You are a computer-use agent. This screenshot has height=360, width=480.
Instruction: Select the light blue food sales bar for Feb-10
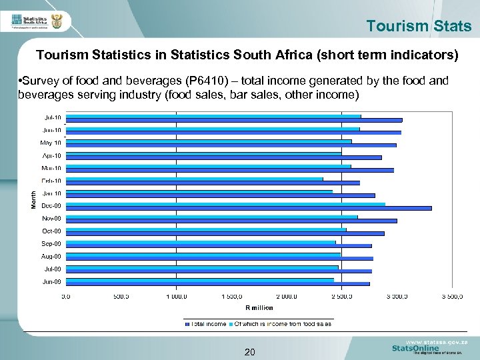point(194,179)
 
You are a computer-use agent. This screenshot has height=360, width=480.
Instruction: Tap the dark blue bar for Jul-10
point(234,120)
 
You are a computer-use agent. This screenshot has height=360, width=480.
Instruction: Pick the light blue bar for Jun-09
point(199,280)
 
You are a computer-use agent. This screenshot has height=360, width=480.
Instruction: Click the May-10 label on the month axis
point(51,143)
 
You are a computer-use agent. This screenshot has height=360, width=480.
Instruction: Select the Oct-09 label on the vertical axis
point(51,231)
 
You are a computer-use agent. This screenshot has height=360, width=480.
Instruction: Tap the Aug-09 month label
point(51,256)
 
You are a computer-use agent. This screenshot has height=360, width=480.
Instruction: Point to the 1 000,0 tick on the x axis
point(176,295)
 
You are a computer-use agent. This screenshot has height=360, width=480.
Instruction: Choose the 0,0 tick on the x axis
point(67,295)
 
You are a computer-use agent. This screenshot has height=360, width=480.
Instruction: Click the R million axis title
point(259,307)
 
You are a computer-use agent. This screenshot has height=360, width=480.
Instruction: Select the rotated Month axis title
point(35,198)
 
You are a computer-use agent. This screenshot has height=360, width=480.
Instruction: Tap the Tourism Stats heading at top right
point(419,27)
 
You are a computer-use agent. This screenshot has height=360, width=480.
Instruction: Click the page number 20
point(249,352)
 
